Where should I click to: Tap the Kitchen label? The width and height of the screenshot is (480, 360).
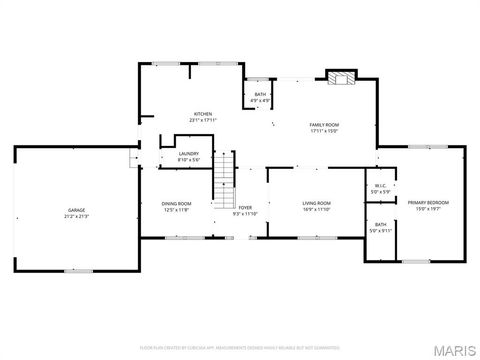[x=203, y=114]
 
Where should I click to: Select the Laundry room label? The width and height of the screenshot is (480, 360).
[x=189, y=154]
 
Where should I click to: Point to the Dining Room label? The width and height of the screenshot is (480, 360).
[x=177, y=204]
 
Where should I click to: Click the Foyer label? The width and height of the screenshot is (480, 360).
[x=245, y=208]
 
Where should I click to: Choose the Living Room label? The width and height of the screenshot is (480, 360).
[x=317, y=204]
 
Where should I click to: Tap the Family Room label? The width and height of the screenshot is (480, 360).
[x=325, y=124]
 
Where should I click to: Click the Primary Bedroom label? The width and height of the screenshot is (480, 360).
[x=428, y=203]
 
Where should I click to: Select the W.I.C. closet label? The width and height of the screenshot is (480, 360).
[x=381, y=185]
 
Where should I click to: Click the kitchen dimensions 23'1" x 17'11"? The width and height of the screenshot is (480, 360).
[x=203, y=120]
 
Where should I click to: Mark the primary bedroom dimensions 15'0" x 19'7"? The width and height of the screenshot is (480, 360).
[x=428, y=209]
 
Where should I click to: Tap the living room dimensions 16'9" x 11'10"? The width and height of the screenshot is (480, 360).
[x=317, y=210]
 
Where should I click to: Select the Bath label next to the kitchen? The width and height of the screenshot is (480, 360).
[x=260, y=94]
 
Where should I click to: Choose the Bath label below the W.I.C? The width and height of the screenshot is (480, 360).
[x=381, y=224]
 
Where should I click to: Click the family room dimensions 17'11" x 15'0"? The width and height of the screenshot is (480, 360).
[x=325, y=130]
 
